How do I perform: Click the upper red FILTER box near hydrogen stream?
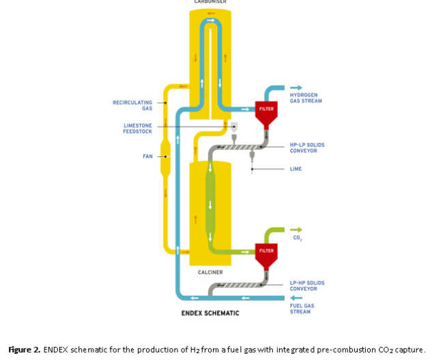click(x=265, y=108)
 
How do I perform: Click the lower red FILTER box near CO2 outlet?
click(x=265, y=250)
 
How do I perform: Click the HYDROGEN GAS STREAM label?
click(x=304, y=98)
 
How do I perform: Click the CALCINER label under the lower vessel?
click(x=211, y=272)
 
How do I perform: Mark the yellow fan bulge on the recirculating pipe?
click(x=164, y=157)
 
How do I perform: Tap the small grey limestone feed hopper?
click(x=233, y=127)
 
